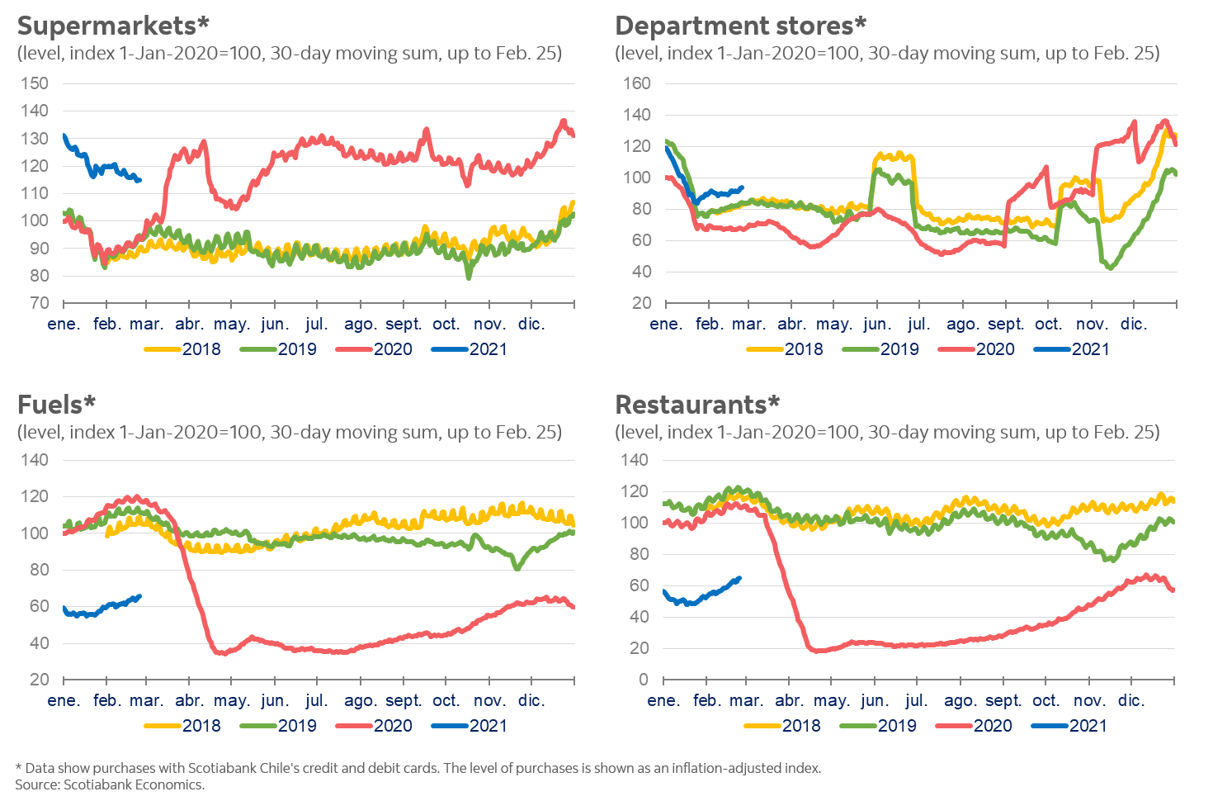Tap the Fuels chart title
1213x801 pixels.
(56, 404)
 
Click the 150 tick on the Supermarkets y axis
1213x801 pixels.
(35, 83)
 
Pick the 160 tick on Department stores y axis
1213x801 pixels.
(636, 83)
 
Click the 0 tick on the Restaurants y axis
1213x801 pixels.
(644, 680)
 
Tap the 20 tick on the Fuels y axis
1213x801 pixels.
(40, 680)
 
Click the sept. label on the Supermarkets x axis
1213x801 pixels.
(404, 324)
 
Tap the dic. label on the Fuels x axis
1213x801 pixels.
(531, 700)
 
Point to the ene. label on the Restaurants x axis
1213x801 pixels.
(664, 700)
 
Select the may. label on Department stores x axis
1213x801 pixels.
(833, 324)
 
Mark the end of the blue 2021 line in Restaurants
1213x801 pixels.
(739, 578)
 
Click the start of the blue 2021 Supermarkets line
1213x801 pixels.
(64, 135)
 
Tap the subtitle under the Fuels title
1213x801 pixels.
(289, 432)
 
